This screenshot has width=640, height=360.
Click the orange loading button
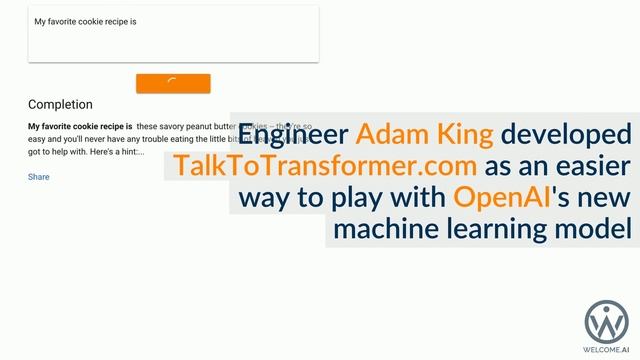tap(173, 84)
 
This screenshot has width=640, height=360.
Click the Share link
tap(39, 177)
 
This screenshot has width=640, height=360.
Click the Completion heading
tap(60, 104)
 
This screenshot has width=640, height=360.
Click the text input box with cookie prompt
tap(173, 34)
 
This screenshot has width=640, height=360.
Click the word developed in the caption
tap(567, 134)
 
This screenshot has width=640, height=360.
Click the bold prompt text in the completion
tap(80, 127)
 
